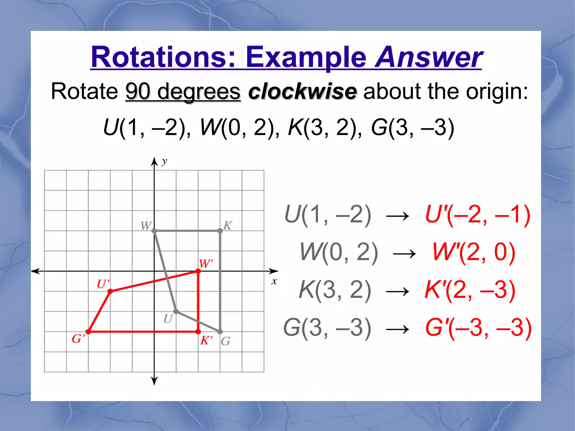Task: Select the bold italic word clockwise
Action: click(x=302, y=92)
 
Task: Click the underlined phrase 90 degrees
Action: click(x=183, y=92)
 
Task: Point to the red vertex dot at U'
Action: click(x=110, y=291)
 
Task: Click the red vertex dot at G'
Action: click(x=88, y=332)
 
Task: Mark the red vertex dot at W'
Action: click(x=198, y=271)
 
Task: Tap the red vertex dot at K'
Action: click(x=198, y=332)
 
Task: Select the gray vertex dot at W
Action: click(x=154, y=231)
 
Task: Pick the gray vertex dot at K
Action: click(x=220, y=231)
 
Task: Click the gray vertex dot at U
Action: click(x=176, y=311)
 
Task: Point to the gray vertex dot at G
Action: click(x=220, y=332)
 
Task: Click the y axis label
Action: click(x=164, y=161)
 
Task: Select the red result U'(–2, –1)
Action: click(x=478, y=215)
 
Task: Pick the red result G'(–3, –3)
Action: click(x=478, y=328)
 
